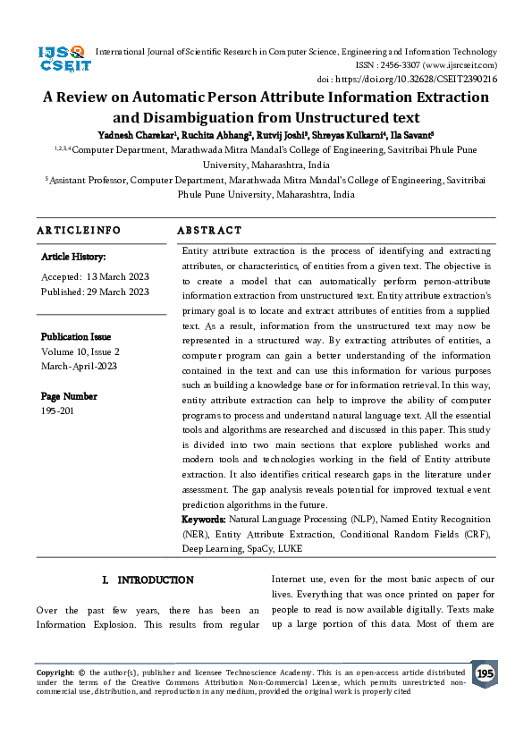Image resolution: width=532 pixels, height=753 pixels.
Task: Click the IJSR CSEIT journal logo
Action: (x=61, y=59)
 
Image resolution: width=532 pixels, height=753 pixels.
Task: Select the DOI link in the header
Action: (x=431, y=79)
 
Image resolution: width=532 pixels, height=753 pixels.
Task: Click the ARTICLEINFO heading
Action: (x=79, y=230)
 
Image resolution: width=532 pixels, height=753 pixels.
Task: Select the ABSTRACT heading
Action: (x=209, y=230)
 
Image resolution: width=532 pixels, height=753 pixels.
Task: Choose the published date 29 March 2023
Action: (x=118, y=292)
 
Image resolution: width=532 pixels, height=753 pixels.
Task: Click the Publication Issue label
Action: (x=76, y=337)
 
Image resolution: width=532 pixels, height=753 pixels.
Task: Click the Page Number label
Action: (x=69, y=396)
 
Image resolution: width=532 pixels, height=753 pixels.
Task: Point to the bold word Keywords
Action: (x=204, y=519)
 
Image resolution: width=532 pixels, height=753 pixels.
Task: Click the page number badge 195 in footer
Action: (x=485, y=673)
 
